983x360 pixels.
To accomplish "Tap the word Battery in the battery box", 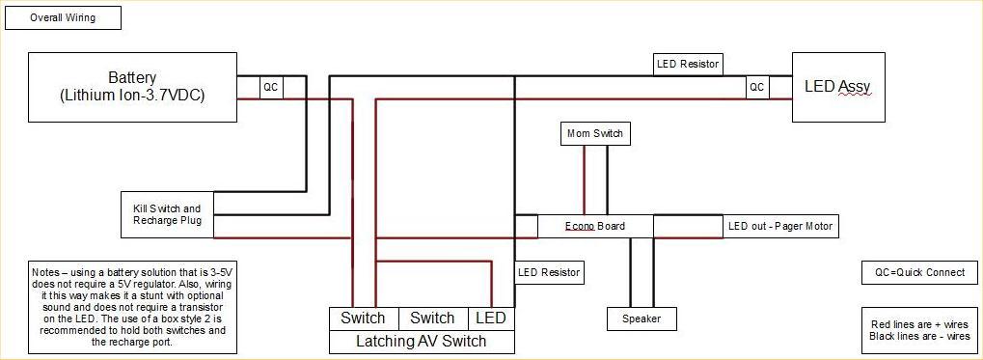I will coord(132,77).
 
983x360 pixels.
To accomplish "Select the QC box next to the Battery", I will coord(271,87).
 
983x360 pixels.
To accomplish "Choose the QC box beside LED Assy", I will coord(757,87).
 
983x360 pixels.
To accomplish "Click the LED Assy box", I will coord(837,87).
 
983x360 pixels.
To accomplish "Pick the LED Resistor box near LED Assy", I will coord(688,64).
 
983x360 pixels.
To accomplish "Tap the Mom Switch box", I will coord(595,133).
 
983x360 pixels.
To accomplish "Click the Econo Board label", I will coord(595,227).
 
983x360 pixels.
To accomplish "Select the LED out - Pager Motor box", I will coord(780,227).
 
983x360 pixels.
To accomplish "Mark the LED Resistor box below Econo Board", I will coord(549,272).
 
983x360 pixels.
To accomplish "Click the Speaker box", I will coord(642,318).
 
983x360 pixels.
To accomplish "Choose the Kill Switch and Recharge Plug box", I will coord(167,214).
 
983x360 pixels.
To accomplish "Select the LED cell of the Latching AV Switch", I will coord(490,318).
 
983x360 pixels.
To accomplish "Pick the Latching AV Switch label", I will coord(422,342).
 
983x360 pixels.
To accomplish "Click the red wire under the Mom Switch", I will coord(584,180).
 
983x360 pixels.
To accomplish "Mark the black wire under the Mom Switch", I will coord(607,180).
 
